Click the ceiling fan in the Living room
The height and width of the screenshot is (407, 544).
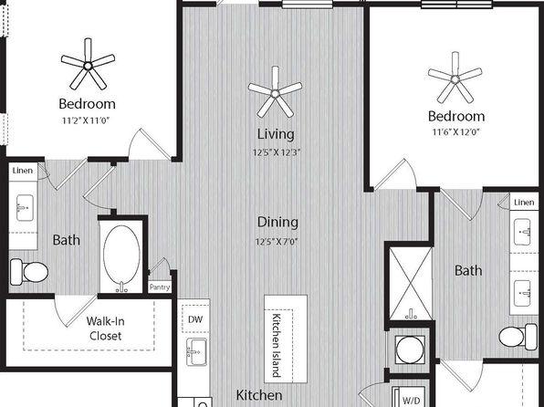275,93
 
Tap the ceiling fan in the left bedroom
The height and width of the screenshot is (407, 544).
88,66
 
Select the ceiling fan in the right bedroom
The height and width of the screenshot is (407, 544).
455,79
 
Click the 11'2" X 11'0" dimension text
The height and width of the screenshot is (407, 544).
86,120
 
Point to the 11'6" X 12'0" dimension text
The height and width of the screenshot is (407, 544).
455,132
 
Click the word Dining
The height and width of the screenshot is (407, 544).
277,223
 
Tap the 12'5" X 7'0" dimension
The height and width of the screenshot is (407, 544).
277,242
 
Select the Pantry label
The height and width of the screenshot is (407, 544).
160,287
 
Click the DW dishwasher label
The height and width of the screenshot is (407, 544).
195,319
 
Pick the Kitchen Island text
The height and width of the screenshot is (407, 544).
277,345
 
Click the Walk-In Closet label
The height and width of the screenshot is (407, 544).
105,329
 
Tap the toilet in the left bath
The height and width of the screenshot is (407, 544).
29,272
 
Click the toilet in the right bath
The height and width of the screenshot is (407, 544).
518,336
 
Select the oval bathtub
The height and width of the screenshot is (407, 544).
121,255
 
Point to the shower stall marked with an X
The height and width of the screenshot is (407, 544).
411,284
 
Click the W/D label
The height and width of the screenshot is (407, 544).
412,401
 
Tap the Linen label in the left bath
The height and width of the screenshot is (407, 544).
23,171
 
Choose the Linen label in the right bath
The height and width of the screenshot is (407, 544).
524,203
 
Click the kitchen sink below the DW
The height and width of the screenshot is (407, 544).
196,352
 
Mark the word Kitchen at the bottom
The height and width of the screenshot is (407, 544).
259,395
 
